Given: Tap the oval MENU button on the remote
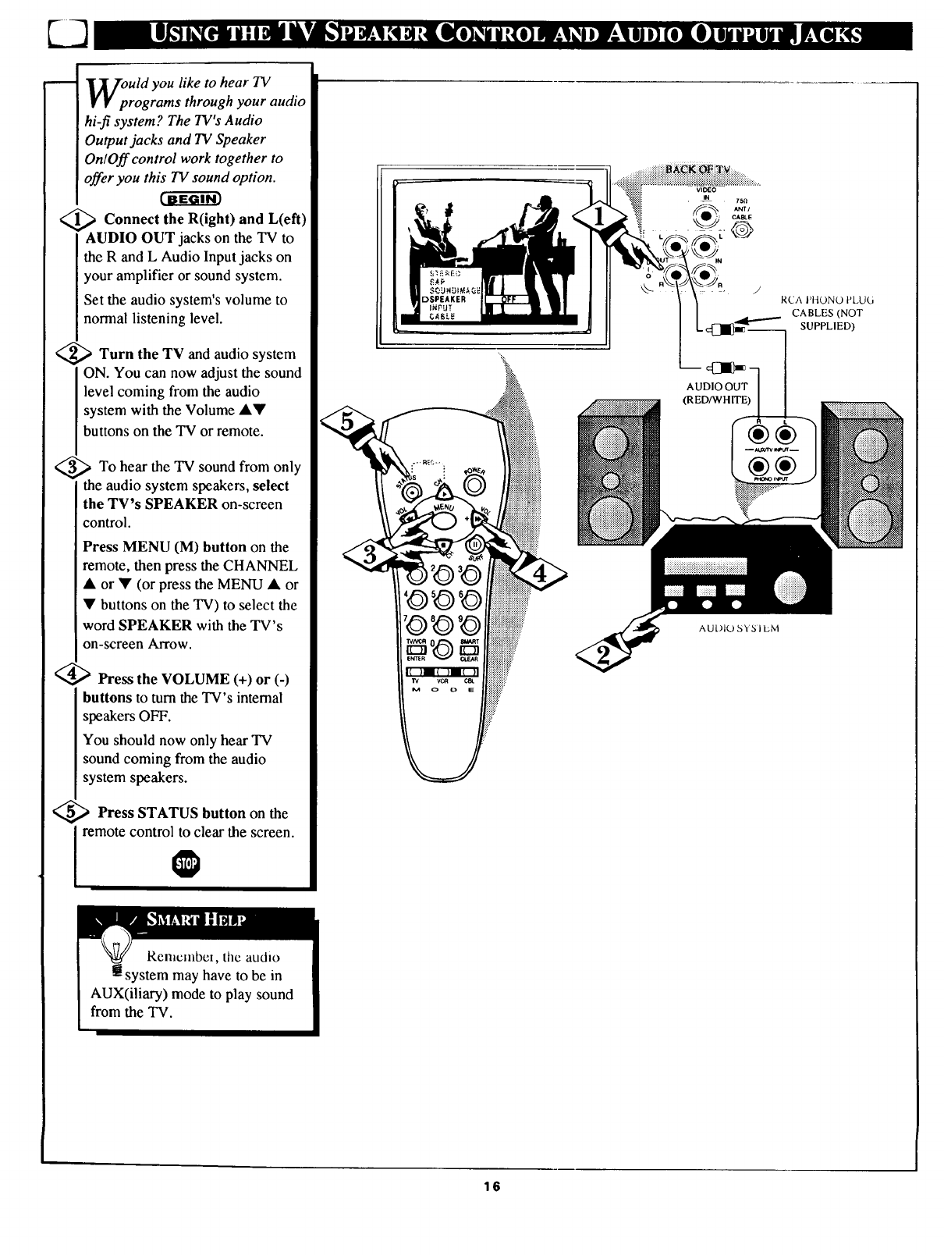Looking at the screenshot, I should pos(444,521).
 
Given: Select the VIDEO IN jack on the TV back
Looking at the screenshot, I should pos(705,217).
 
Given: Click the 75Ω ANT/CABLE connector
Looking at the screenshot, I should pos(740,230).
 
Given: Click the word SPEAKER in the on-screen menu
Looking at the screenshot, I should pos(445,298).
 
